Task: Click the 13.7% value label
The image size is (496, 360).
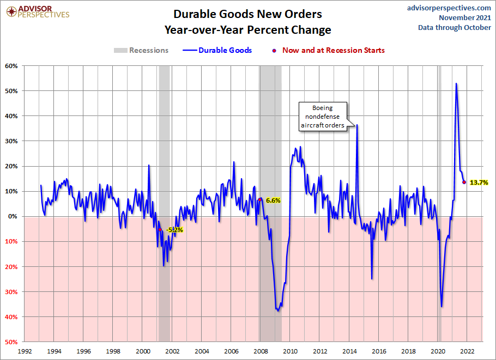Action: coord(478,182)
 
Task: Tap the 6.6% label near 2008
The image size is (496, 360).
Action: coord(273,200)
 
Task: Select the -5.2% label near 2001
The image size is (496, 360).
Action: coord(174,230)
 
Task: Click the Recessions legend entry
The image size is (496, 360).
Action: coord(141,50)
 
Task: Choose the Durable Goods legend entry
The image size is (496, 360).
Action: coord(217,50)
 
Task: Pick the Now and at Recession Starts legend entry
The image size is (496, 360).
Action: coord(329,50)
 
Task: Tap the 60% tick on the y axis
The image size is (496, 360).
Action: coord(12,66)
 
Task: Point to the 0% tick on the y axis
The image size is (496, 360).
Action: coord(14,216)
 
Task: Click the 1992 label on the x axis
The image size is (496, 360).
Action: coord(24,351)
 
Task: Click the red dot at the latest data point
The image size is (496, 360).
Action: coord(464,182)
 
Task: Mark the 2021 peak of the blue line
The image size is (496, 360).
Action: coord(456,83)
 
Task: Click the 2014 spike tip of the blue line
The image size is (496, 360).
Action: coord(357,125)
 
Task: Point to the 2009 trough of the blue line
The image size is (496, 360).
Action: coord(278,310)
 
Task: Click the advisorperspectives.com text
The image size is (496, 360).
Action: coord(449,8)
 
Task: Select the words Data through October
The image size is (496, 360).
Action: coord(455,28)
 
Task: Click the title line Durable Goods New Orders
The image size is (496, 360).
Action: coord(247,14)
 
